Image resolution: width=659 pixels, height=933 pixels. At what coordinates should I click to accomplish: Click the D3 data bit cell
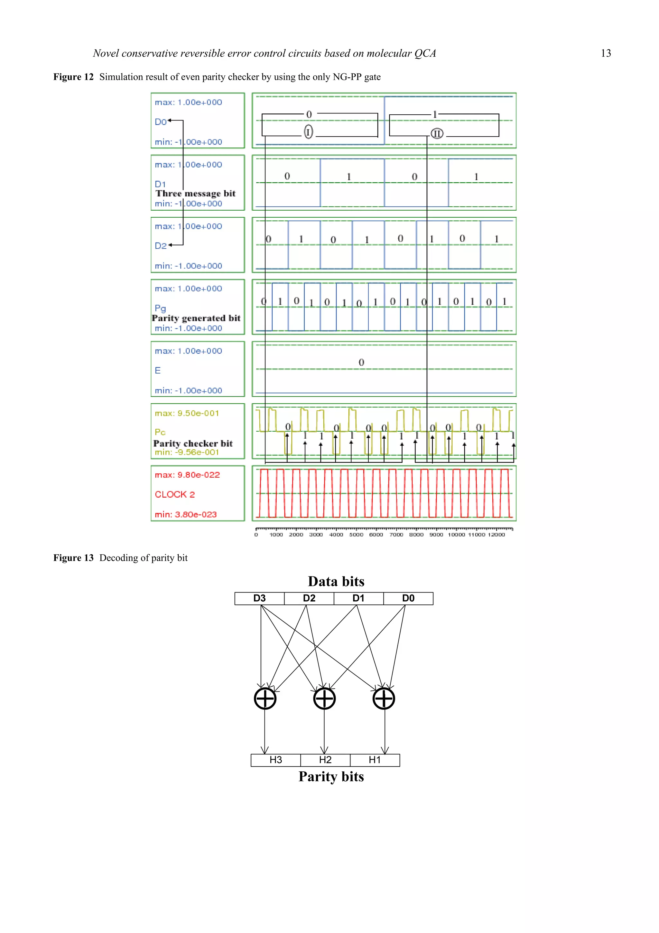click(259, 598)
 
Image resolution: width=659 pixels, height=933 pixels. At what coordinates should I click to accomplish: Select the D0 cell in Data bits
click(408, 598)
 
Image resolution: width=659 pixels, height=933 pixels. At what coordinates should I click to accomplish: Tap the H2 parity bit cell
click(325, 760)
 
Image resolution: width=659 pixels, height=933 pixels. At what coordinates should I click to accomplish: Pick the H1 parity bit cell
click(375, 760)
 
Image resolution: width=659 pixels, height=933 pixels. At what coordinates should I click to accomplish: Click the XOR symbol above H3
click(265, 699)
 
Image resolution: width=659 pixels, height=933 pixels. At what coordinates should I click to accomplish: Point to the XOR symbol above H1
click(384, 699)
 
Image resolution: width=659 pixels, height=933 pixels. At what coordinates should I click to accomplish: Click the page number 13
click(606, 53)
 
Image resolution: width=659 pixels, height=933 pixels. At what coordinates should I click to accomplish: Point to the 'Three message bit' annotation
click(195, 194)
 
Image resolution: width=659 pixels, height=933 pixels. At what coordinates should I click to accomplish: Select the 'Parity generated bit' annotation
click(196, 318)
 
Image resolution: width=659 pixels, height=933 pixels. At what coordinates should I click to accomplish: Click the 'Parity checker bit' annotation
click(193, 443)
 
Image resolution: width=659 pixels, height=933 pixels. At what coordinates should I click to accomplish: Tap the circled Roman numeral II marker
click(437, 133)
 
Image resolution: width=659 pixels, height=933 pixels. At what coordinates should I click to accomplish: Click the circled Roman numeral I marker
click(309, 132)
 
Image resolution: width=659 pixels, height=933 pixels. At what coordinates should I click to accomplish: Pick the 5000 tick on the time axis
click(356, 535)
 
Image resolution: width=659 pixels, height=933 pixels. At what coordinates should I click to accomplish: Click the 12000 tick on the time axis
click(496, 535)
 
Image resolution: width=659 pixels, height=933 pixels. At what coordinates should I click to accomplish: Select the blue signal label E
click(158, 370)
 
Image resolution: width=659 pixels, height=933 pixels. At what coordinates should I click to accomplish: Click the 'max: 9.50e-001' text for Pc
click(187, 413)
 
